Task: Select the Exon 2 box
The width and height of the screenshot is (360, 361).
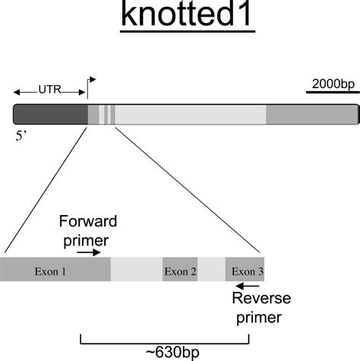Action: point(180,270)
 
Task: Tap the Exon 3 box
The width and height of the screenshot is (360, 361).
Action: point(245,270)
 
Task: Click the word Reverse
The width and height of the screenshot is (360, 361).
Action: point(257,299)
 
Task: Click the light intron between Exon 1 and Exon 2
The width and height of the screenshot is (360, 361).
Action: point(137,270)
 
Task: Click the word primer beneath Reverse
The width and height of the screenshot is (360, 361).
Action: point(257,316)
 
